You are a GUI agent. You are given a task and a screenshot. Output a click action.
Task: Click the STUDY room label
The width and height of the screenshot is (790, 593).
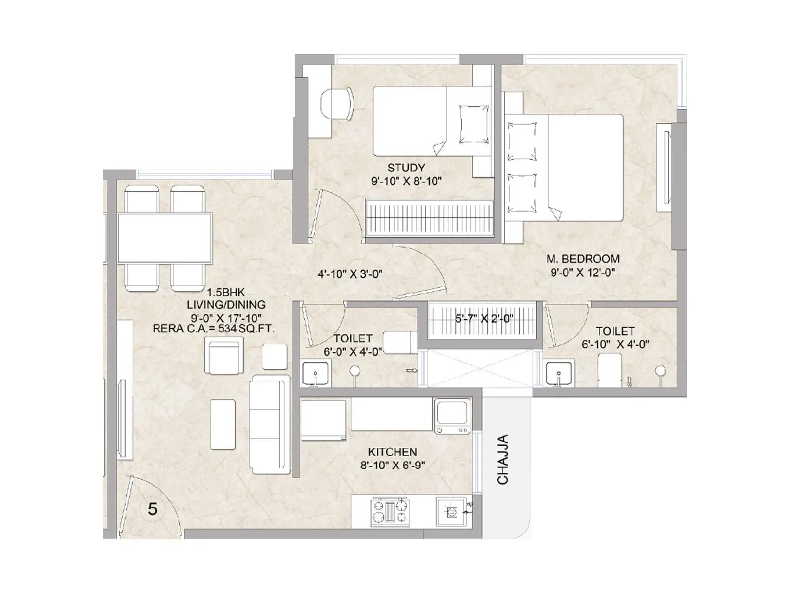point(406,168)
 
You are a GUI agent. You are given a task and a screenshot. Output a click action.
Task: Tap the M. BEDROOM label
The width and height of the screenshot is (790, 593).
point(583,259)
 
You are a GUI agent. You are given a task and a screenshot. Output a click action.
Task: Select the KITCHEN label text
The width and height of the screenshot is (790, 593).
point(393,452)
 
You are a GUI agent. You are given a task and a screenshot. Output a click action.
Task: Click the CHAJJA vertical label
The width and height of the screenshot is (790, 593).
point(502,459)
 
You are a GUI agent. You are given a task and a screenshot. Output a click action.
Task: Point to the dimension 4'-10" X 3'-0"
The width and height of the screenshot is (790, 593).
point(350,274)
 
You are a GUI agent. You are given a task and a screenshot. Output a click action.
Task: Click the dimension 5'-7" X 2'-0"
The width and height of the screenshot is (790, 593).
point(484,318)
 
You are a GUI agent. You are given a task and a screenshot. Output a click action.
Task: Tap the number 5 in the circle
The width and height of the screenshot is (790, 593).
point(152,509)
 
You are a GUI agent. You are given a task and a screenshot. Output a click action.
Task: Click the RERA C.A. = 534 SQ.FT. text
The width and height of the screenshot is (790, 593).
point(214,328)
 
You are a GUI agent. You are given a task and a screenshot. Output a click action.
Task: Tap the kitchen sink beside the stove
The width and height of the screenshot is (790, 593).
point(452,512)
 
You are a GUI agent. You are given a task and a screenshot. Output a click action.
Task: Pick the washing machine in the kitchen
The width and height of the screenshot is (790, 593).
point(452,416)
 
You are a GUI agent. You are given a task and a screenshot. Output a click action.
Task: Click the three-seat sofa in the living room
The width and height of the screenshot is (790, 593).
point(270,424)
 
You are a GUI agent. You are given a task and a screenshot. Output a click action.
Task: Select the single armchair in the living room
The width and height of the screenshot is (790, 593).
point(224,355)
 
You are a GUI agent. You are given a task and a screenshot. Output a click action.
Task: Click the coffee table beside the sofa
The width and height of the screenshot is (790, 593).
point(223,424)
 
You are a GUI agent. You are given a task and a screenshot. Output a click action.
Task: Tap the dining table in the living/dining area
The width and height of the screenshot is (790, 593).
point(165,238)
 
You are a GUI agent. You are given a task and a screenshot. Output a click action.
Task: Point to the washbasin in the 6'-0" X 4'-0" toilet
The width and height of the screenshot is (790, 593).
point(316,374)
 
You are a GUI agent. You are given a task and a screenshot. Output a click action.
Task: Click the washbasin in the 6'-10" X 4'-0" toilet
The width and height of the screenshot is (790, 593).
point(558,374)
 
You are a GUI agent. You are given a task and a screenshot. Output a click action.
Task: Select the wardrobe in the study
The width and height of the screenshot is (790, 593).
point(429,218)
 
